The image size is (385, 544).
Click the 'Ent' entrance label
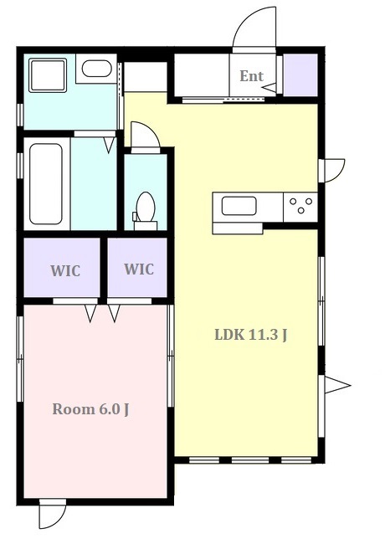251,76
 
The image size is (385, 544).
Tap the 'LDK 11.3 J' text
251,335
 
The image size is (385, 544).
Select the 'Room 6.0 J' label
90,409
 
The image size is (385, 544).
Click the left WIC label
65,270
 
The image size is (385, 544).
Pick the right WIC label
139,269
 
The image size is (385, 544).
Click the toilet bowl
146,207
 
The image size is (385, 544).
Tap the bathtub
46,184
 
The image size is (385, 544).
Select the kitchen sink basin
239,206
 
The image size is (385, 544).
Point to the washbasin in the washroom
97,69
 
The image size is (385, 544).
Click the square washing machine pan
48,75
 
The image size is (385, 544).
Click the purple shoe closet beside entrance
300,75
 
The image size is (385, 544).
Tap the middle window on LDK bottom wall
250,460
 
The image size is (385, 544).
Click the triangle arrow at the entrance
269,87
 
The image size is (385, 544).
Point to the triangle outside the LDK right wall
337,385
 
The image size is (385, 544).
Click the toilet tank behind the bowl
146,225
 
